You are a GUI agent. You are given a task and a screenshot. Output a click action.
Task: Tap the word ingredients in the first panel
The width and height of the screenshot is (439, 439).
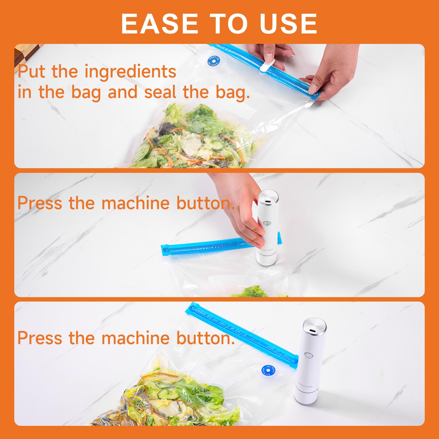(x=130, y=72)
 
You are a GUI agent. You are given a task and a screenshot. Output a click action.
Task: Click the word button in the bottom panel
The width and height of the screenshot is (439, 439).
(x=206, y=338)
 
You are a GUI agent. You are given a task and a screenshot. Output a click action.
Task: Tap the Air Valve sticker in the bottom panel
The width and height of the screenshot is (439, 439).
(x=269, y=371)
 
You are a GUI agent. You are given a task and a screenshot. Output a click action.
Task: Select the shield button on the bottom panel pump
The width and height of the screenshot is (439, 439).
(x=309, y=356)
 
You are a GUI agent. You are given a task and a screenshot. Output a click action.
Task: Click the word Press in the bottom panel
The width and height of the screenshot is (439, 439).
(x=40, y=338)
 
